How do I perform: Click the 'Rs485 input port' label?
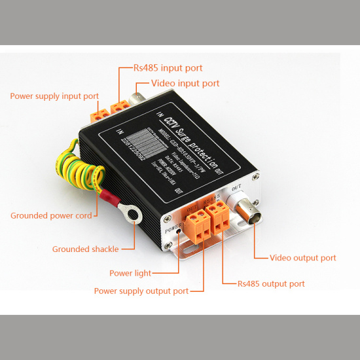pyautogui.click(x=168, y=68)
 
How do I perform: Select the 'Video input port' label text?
pyautogui.click(x=185, y=84)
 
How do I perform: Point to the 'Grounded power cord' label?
pyautogui.click(x=49, y=215)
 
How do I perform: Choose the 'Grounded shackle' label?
pyautogui.click(x=84, y=249)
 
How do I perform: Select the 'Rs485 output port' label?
pyautogui.click(x=272, y=284)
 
